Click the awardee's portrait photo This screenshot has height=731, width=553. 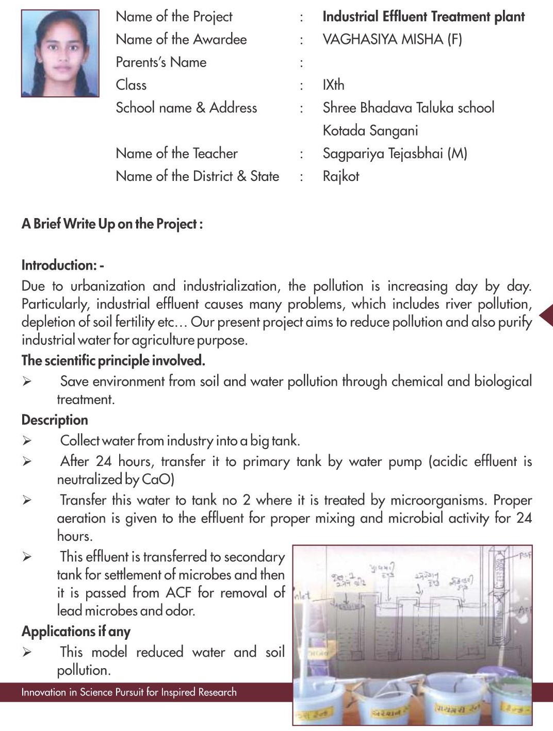tap(60, 53)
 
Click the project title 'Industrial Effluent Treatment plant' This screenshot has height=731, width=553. tap(423, 16)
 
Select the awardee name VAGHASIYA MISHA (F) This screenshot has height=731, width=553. tap(392, 39)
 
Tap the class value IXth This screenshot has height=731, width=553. tap(333, 85)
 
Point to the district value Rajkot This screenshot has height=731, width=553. tap(340, 176)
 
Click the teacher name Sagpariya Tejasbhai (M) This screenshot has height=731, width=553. tap(395, 153)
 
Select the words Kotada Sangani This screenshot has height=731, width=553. tap(370, 130)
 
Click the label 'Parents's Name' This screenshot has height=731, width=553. tap(161, 62)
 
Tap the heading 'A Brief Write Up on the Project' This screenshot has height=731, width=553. tap(112, 224)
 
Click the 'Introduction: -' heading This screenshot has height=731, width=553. tap(62, 265)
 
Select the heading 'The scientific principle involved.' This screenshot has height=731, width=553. tap(113, 360)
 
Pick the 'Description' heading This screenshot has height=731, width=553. tap(55, 420)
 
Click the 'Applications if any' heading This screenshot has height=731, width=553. tap(76, 631)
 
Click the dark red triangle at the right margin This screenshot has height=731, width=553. tap(546, 315)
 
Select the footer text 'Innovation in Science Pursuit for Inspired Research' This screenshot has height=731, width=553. tap(129, 692)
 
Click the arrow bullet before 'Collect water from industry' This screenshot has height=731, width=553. tap(27, 441)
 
